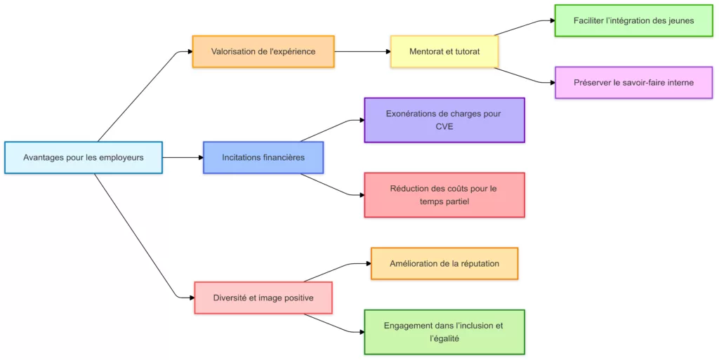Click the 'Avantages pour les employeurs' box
coord(83,157)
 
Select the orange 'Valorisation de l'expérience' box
coord(263,51)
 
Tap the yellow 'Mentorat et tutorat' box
coord(444,51)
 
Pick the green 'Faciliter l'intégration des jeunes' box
coord(633,20)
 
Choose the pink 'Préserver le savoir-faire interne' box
coord(633,82)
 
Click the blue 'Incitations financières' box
coord(263,157)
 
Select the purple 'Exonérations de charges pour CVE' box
coord(444,120)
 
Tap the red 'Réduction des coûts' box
coord(444,194)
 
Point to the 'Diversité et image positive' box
coord(263,298)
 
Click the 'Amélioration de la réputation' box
coord(444,263)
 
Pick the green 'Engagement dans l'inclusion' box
coord(444,332)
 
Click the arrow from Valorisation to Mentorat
coord(362,51)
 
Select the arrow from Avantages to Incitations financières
coord(183,157)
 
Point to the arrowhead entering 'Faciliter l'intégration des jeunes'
coord(552,21)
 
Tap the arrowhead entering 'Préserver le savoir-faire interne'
coord(552,82)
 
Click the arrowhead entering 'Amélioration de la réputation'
coord(368,263)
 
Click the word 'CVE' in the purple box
coord(444,127)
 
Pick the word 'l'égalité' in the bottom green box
coord(444,339)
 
